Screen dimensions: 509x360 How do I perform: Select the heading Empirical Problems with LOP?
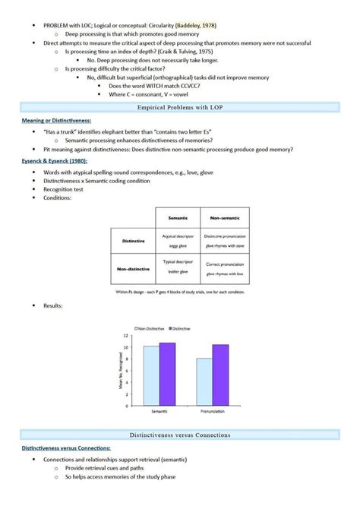(x=180, y=108)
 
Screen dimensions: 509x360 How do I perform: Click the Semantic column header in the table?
(x=178, y=217)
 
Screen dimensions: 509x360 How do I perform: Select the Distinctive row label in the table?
(x=133, y=241)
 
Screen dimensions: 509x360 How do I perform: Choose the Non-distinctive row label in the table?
(x=133, y=268)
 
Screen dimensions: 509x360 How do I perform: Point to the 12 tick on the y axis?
(x=125, y=335)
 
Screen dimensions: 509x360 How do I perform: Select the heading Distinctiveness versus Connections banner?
(x=180, y=435)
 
